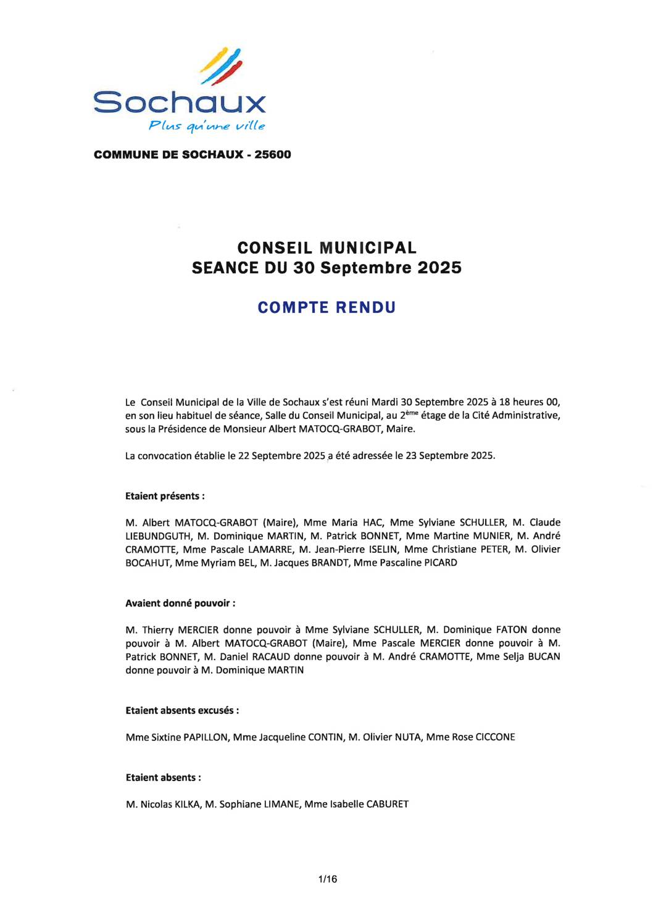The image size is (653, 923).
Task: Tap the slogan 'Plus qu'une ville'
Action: coord(207,126)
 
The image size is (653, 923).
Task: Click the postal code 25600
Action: coord(273,154)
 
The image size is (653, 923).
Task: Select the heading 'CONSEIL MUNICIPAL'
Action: coord(326,247)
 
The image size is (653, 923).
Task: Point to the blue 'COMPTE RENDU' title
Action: coord(326,307)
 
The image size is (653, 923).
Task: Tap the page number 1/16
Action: coord(327,879)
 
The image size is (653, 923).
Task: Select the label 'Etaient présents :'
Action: coord(165,496)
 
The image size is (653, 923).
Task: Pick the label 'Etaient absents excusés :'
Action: coord(182,710)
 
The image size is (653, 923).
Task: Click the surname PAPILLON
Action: coord(206,737)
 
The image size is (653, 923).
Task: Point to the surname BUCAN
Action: coord(544,656)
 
